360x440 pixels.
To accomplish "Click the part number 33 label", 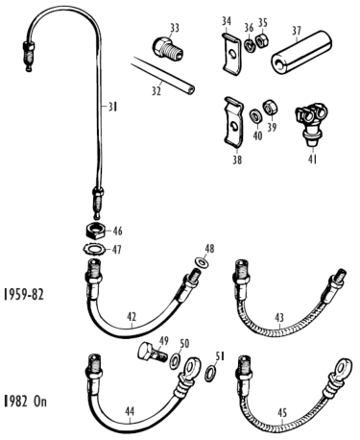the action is [x=175, y=28].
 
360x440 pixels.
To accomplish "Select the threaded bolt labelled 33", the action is [x=167, y=50].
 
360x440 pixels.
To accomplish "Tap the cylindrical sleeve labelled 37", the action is [x=301, y=51].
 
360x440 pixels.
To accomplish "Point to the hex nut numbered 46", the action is [x=94, y=232].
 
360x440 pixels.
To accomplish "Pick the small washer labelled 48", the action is [x=202, y=262].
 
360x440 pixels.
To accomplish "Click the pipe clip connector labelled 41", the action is [x=310, y=123].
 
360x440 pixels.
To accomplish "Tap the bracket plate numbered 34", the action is [x=231, y=55].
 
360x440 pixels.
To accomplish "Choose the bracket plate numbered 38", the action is [x=233, y=123].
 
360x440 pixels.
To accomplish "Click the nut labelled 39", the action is [x=270, y=108].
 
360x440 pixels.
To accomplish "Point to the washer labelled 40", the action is [x=255, y=115].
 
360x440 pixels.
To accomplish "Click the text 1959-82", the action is [x=23, y=294].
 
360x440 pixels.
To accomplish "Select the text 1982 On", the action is [x=25, y=402].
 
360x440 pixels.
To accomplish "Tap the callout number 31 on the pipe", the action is [x=112, y=107].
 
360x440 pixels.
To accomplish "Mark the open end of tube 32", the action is [x=191, y=89].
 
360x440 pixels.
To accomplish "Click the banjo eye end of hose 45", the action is [x=343, y=369].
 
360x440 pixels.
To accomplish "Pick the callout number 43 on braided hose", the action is [x=279, y=318].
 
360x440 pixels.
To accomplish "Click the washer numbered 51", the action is [x=209, y=374].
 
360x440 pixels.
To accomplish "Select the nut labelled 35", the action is [x=262, y=41].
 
